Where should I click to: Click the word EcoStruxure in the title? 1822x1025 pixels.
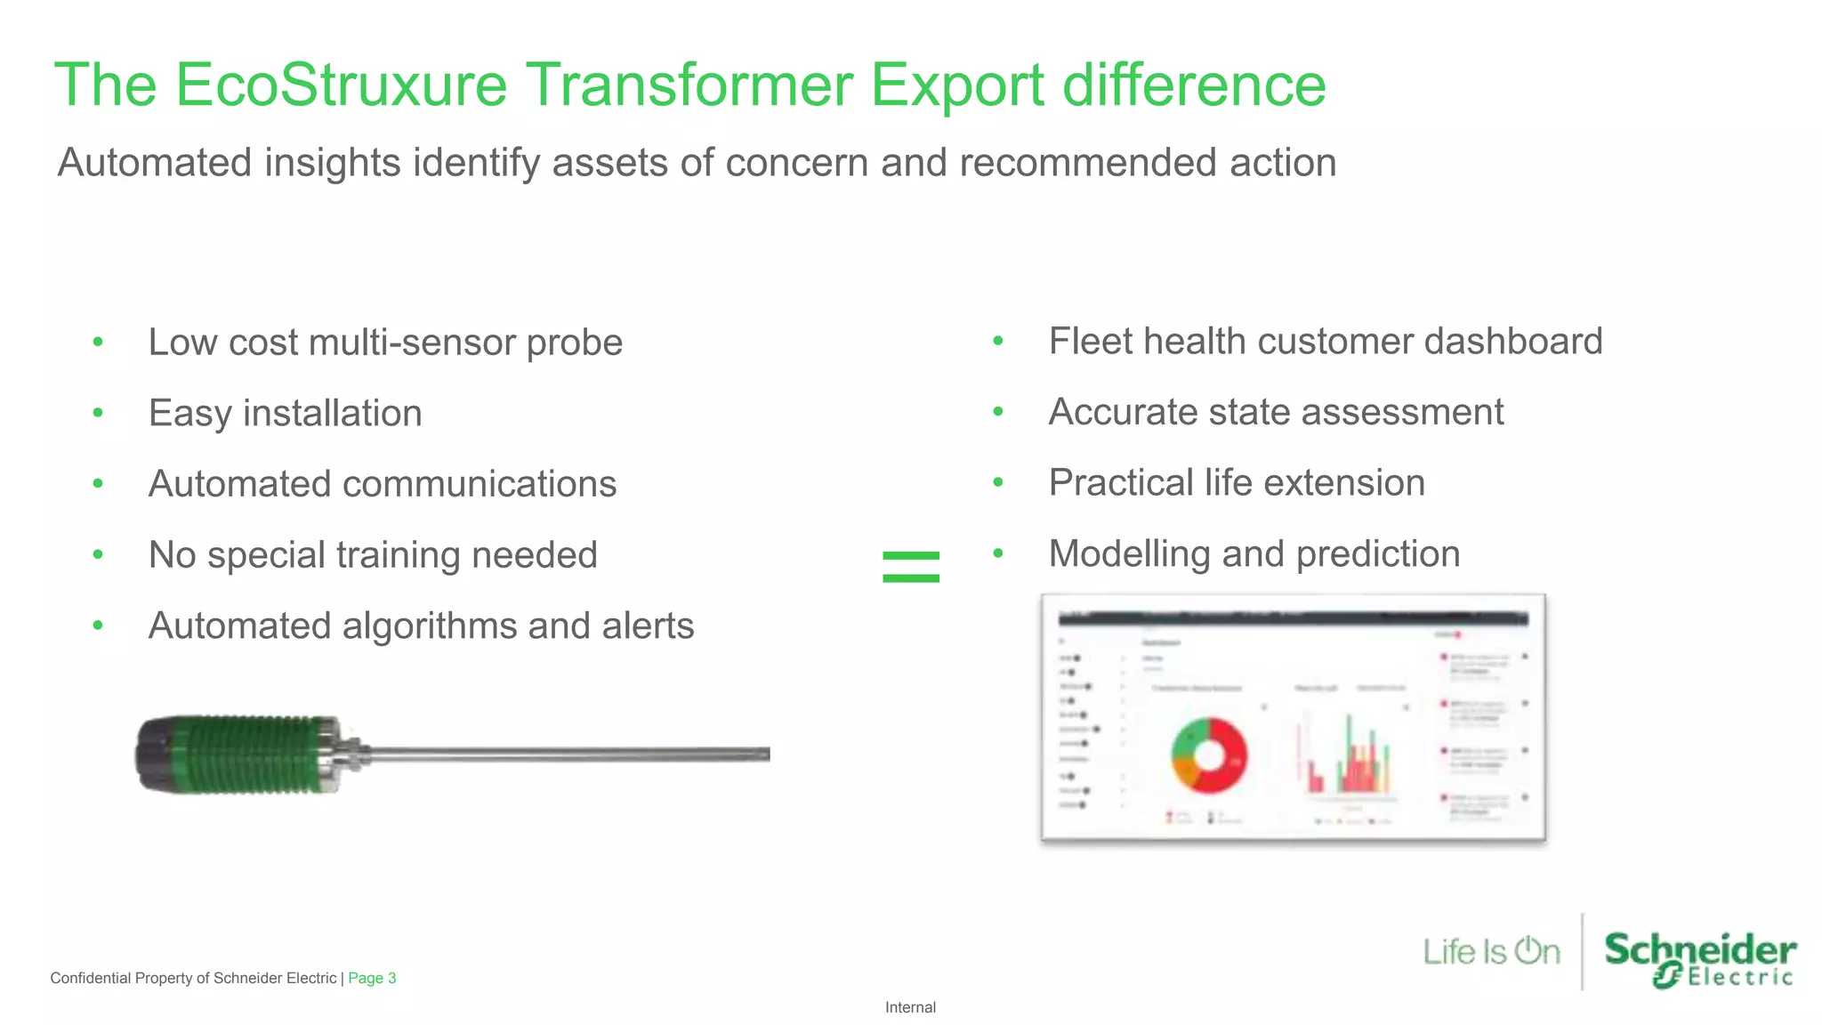coord(341,85)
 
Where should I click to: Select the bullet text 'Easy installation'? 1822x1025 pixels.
coord(285,414)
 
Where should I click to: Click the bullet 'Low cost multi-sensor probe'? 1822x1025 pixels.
coord(384,343)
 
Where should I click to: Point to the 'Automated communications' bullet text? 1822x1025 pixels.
coord(382,484)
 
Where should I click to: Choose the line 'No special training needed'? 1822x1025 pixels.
coord(372,555)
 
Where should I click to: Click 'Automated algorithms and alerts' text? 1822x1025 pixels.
coord(420,625)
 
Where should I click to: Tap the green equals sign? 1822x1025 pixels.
coord(910,567)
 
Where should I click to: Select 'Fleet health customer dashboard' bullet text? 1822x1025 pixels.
coord(1325,342)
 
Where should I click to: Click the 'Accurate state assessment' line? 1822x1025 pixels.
coord(1275,412)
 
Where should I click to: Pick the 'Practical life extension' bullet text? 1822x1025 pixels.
coord(1236,483)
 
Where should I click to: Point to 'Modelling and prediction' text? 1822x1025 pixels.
coord(1254,554)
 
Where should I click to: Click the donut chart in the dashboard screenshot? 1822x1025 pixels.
coord(1208,755)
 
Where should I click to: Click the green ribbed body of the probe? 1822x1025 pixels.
coord(254,755)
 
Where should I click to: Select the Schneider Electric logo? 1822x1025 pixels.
coord(1699,957)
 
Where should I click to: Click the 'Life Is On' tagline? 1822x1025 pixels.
coord(1491,951)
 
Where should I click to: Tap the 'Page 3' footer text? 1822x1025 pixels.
coord(372,978)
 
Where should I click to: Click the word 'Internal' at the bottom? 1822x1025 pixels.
coord(910,1007)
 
